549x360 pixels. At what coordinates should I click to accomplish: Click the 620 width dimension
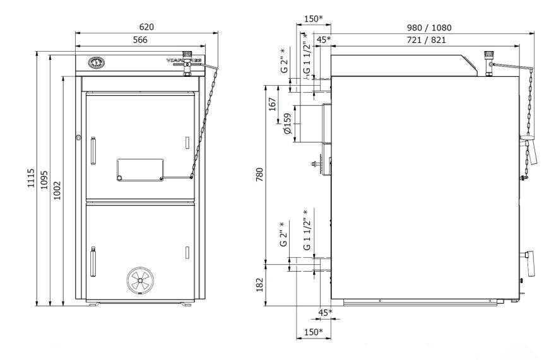[x=146, y=27]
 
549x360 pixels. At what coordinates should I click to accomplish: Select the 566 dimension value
[x=140, y=40]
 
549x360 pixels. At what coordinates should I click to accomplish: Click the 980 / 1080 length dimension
[x=429, y=28]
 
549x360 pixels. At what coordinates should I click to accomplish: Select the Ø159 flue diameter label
[x=287, y=124]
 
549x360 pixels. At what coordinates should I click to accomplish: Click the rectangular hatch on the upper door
[x=140, y=169]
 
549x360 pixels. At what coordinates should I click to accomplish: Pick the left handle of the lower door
[x=92, y=262]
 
